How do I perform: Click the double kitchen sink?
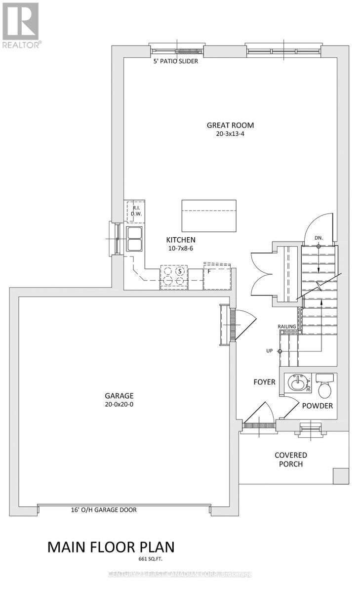135,239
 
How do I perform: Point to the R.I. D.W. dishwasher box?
135,211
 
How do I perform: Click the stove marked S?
173,277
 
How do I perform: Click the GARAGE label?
119,395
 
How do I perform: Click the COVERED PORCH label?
291,459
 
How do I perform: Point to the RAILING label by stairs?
286,327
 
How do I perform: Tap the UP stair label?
269,351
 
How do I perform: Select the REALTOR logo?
21,24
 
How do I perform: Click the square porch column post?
340,475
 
